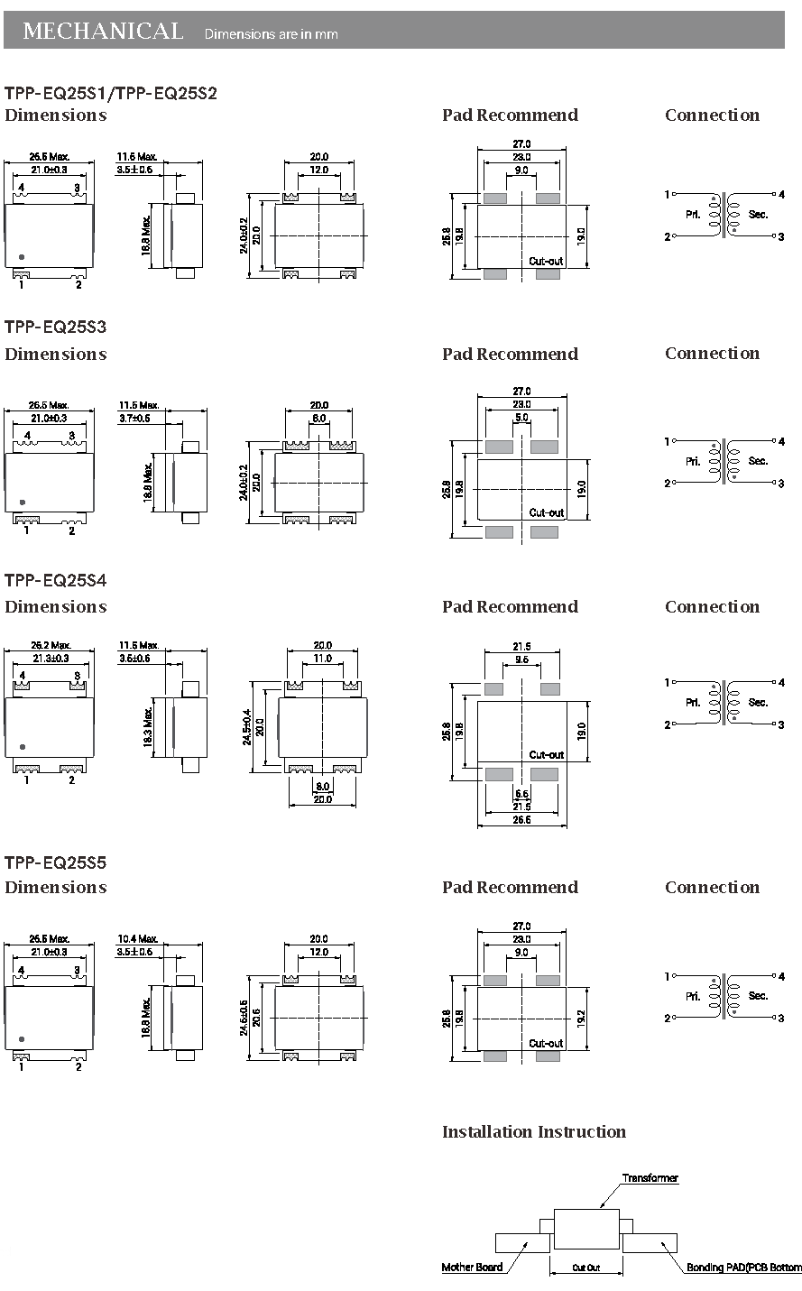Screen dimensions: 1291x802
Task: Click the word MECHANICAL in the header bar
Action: (102, 32)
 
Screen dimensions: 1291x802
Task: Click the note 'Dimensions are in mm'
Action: (272, 34)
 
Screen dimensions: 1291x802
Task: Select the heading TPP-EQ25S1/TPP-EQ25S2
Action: (111, 93)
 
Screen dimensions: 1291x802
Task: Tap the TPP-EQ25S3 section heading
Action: (56, 327)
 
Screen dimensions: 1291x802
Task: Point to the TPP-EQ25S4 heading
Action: (56, 580)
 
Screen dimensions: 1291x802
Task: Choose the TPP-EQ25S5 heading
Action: (56, 862)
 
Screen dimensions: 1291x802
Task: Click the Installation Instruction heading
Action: (533, 1132)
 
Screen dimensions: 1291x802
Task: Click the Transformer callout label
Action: (650, 1178)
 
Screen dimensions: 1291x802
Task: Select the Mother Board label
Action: (472, 1268)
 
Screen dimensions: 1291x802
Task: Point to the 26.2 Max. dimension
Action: (51, 645)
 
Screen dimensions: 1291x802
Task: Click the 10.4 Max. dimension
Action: (138, 939)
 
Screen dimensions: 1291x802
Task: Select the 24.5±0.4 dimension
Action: (247, 727)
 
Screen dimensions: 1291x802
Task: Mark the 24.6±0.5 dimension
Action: (244, 1017)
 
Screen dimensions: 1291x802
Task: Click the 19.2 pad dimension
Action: (582, 1017)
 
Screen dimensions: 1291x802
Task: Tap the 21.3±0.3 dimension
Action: (50, 659)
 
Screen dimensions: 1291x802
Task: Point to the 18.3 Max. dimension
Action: (148, 726)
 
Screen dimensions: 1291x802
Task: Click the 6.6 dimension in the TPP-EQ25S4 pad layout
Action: (521, 794)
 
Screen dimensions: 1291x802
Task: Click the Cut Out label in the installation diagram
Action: (586, 1268)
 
